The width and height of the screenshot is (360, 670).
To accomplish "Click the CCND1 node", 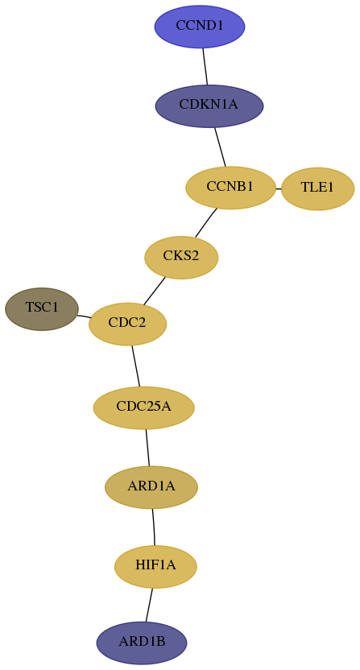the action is (x=200, y=27).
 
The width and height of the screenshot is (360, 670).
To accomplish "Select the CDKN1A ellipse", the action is (x=209, y=106).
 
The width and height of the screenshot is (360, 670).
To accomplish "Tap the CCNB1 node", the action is (x=230, y=188).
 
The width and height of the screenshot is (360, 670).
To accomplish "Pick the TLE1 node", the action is (x=317, y=188).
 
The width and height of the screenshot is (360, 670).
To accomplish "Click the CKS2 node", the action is (x=181, y=257).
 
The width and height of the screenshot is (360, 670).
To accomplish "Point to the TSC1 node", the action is (x=42, y=309).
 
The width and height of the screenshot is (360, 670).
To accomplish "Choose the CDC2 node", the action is (x=127, y=324).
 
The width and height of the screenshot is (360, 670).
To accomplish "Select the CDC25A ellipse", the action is (x=143, y=407).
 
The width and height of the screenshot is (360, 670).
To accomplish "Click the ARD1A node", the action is (x=151, y=487).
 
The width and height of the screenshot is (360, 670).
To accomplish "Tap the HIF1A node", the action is (x=155, y=567).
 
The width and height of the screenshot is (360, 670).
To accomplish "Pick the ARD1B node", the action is (x=142, y=643).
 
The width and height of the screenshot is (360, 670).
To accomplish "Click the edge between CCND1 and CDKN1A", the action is (x=205, y=66).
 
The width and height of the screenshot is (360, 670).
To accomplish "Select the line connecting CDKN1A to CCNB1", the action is (x=220, y=147).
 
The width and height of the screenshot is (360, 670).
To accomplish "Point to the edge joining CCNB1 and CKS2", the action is (x=206, y=222).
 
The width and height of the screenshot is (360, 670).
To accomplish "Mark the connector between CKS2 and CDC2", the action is (x=155, y=291).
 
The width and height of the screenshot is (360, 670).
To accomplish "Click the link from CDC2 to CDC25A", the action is (x=136, y=366).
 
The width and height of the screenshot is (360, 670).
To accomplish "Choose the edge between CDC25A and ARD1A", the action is (x=147, y=448).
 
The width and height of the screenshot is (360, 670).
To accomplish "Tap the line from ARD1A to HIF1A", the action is (x=154, y=527).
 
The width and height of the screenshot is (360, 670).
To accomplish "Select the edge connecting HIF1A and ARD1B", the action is (x=149, y=605).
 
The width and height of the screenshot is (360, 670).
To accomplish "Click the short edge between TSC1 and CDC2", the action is (x=84, y=316).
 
